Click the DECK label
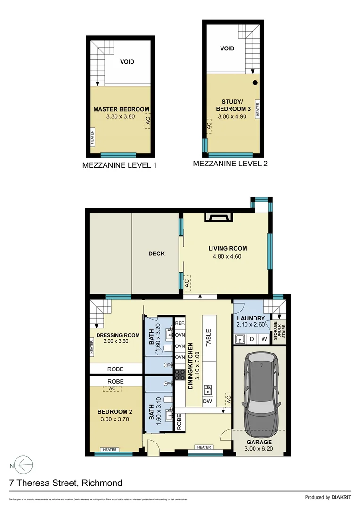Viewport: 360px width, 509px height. [156, 254]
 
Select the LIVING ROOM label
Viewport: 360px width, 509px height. [228, 248]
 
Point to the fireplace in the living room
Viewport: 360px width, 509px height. [218, 217]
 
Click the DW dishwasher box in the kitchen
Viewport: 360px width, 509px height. [207, 401]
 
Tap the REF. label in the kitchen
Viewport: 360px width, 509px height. [180, 324]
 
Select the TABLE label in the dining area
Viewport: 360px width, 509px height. [208, 337]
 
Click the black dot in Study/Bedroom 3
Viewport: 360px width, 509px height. [255, 83]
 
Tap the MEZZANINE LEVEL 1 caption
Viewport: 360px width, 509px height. [119, 165]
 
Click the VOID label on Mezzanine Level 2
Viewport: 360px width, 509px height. [227, 49]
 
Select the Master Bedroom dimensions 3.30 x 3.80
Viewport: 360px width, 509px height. [121, 117]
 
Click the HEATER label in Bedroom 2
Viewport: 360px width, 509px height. [110, 450]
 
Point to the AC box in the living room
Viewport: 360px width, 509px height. [187, 283]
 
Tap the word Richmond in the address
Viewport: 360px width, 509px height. [102, 483]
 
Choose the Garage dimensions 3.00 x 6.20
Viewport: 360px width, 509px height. [259, 450]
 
